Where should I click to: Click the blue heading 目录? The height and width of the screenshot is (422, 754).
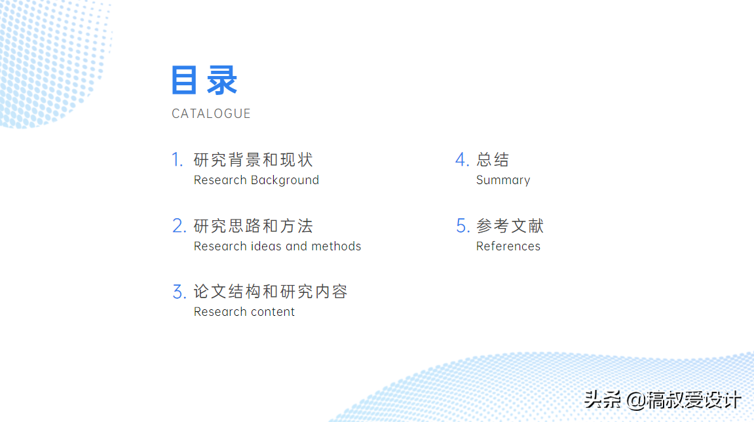tap(204, 80)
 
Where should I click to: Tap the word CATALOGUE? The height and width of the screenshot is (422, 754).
tap(211, 113)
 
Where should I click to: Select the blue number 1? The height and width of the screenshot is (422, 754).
tap(178, 160)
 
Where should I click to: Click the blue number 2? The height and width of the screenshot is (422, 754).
tap(179, 225)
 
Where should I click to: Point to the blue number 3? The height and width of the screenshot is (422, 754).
tap(179, 292)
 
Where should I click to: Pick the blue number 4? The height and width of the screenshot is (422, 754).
tap(462, 160)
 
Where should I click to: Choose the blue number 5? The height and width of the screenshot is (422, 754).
tap(462, 225)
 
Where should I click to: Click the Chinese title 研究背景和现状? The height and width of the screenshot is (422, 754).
tap(254, 160)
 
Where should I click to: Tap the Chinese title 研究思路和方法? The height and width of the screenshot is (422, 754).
tap(254, 225)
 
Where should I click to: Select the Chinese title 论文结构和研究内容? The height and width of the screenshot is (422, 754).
tap(271, 292)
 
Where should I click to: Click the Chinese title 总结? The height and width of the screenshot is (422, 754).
tap(493, 160)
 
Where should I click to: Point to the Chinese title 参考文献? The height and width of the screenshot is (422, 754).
tap(510, 225)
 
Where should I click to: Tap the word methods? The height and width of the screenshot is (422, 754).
tap(336, 246)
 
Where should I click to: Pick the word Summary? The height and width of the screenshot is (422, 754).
tap(503, 180)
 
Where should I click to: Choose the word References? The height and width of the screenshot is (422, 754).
tap(508, 246)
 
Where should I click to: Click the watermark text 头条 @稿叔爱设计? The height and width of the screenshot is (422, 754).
tap(663, 400)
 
